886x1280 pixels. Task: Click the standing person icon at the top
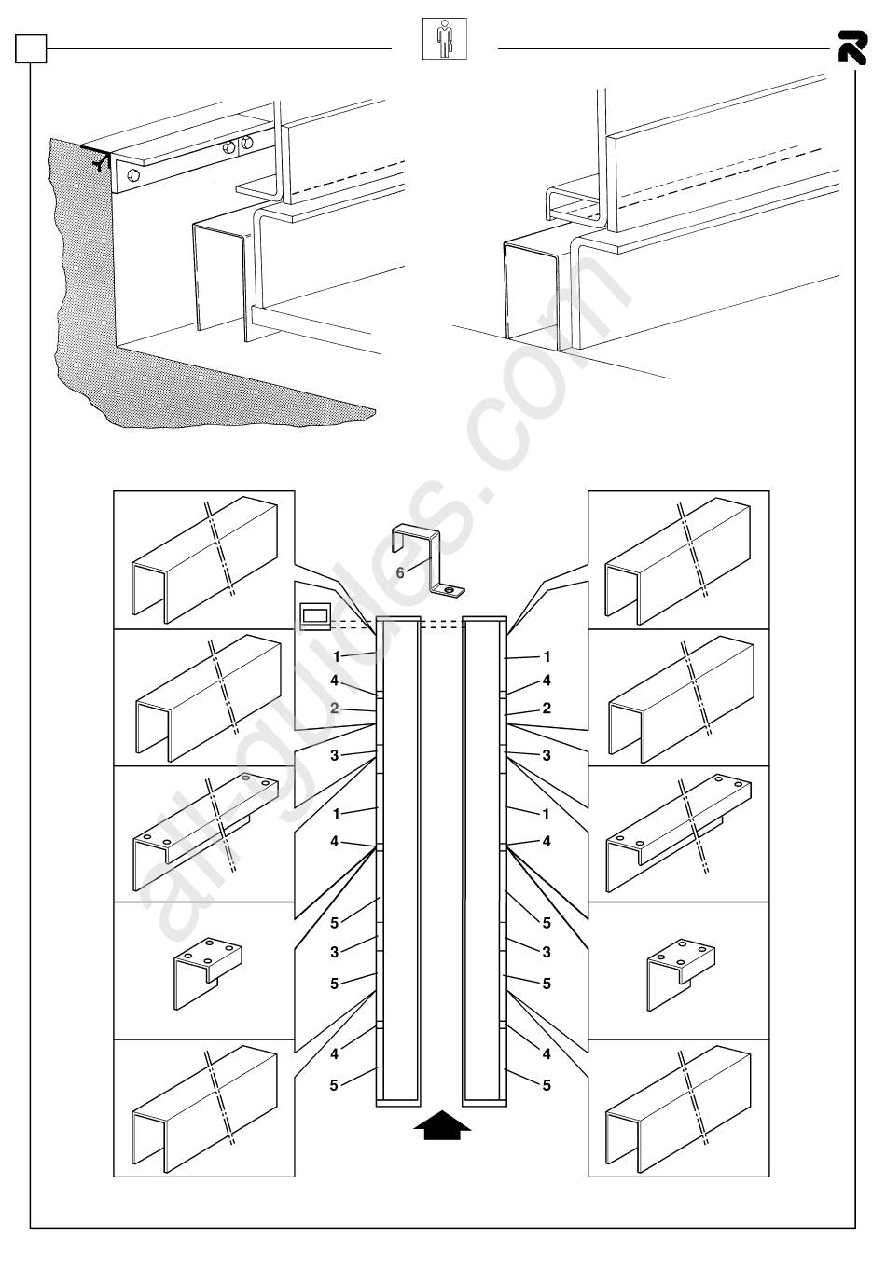445,38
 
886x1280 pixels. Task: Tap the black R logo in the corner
851,47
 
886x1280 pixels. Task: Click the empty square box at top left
31,48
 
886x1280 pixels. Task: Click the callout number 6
400,572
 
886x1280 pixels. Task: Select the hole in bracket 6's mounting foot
450,590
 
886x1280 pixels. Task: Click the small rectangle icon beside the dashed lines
313,616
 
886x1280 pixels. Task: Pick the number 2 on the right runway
547,709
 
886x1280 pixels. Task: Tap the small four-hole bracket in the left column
209,970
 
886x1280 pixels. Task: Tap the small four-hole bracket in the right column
682,970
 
